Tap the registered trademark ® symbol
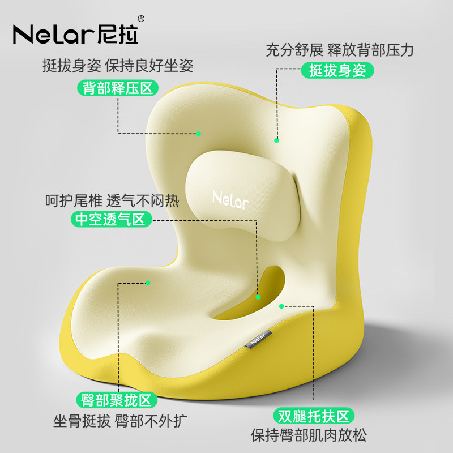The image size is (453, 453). [141, 19]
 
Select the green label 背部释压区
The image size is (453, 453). [118, 88]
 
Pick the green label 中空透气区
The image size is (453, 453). [111, 219]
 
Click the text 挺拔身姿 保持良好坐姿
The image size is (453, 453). [118, 66]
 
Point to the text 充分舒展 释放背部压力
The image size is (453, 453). [340, 49]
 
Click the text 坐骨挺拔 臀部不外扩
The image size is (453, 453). [120, 422]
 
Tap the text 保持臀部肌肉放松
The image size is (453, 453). [309, 435]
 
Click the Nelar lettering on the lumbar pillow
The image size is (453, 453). [230, 200]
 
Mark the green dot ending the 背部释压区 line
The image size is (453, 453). [199, 134]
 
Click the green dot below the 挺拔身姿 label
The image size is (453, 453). [277, 140]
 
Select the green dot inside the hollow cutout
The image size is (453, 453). [258, 296]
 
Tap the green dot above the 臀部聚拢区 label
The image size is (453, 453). [148, 281]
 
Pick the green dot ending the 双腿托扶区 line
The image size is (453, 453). [281, 306]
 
